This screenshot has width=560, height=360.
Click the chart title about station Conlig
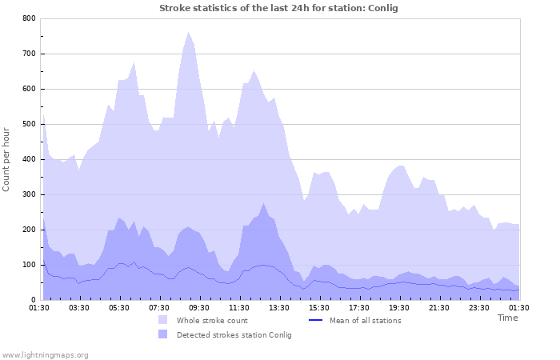click(278, 8)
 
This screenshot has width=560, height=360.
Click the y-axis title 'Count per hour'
click(7, 158)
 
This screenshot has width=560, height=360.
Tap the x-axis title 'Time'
click(507, 318)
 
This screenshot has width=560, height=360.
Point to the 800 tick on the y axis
click(29, 18)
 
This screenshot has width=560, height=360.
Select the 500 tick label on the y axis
click(29, 124)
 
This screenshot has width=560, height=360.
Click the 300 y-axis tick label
click(29, 194)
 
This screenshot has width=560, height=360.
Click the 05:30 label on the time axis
click(119, 307)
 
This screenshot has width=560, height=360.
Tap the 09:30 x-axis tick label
click(199, 307)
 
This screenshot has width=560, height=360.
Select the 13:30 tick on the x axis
click(279, 307)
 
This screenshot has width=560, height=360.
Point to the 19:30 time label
click(399, 307)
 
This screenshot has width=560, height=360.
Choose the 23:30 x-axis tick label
click(479, 307)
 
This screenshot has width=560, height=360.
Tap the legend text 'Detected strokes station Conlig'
click(234, 335)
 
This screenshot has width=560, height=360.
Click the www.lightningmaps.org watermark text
click(45, 354)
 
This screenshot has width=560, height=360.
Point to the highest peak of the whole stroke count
click(189, 33)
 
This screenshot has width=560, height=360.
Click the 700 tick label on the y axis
click(29, 54)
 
